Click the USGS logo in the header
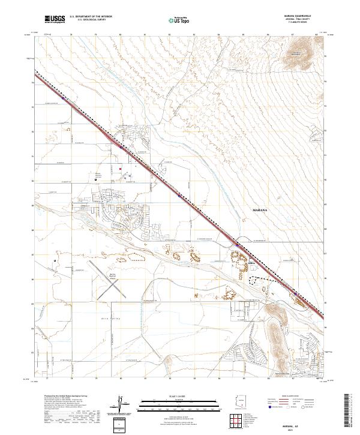pos(55,20)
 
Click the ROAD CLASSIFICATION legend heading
pos(288,397)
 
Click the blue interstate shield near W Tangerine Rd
pos(239,244)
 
